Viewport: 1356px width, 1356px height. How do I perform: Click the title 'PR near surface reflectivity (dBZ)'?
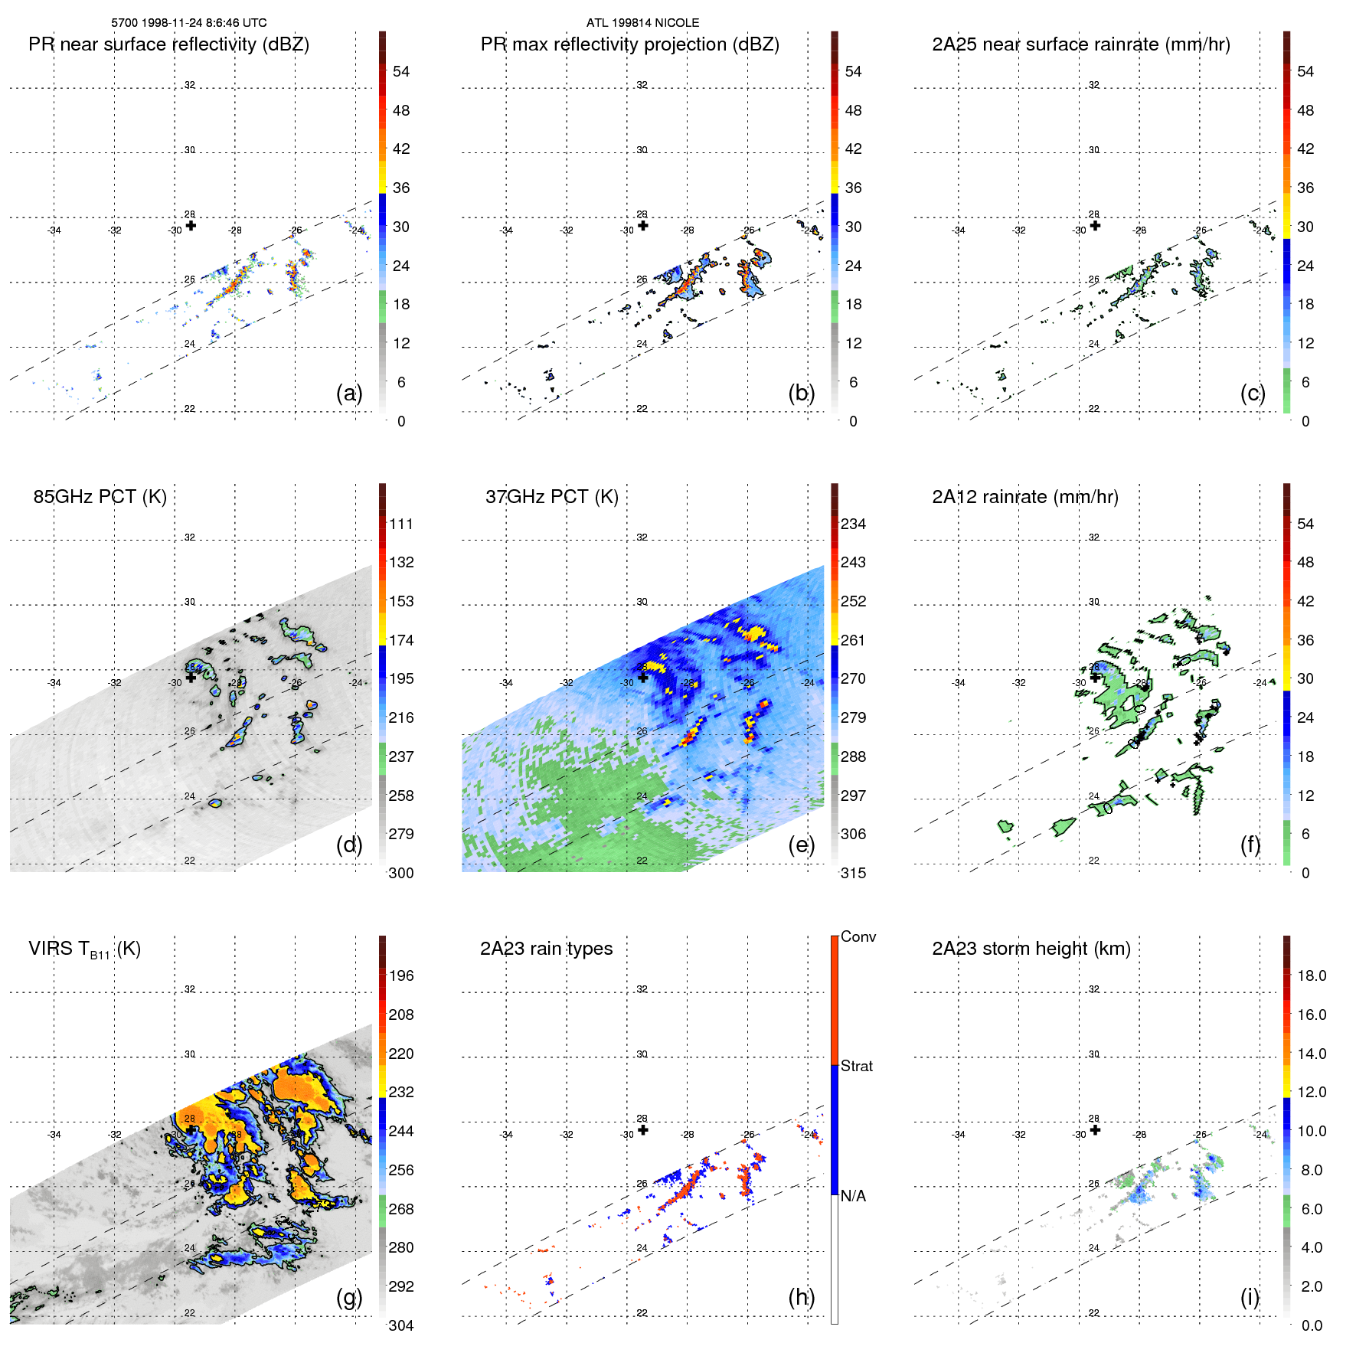(x=168, y=44)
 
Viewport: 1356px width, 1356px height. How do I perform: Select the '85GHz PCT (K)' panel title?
(x=100, y=497)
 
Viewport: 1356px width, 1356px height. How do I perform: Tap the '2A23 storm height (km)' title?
(x=1031, y=949)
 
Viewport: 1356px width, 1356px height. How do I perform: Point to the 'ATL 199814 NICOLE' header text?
(x=642, y=23)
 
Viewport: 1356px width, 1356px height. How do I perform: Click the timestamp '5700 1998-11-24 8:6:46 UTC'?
(x=189, y=23)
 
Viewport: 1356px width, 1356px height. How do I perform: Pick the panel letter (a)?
(x=348, y=394)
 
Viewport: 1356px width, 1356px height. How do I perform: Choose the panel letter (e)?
(x=801, y=845)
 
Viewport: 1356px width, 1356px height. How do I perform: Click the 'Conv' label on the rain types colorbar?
(x=858, y=936)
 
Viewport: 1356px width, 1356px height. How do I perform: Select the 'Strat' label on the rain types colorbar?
(x=856, y=1066)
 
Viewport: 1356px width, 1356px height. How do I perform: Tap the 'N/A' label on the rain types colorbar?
(x=853, y=1196)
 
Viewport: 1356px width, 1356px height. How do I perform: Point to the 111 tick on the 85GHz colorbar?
(x=400, y=524)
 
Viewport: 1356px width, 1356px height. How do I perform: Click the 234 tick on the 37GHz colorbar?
(x=853, y=524)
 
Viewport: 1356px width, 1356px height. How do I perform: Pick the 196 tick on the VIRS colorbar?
(x=400, y=976)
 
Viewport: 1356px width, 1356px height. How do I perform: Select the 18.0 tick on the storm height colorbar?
(x=1311, y=976)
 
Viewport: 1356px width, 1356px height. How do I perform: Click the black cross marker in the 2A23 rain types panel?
(x=643, y=1130)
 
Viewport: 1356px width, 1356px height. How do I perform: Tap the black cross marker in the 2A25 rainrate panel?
(x=1096, y=226)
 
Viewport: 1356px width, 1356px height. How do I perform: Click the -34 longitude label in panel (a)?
(x=54, y=230)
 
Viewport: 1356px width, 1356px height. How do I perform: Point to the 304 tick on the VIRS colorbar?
(x=400, y=1325)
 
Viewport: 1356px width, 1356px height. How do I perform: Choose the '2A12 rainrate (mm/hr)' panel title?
(x=1024, y=497)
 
